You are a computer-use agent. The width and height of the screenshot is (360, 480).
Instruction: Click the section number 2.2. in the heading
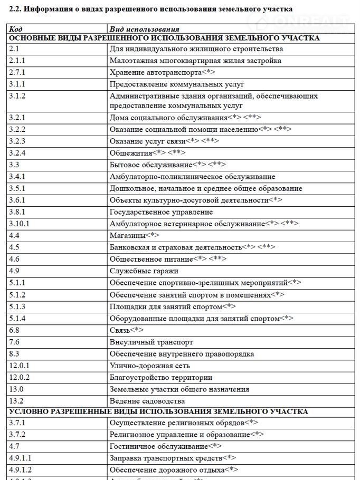point(16,9)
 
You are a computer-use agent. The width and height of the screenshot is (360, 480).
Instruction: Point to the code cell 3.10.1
point(19,224)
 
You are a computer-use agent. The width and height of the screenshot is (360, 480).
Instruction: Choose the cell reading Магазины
point(127,235)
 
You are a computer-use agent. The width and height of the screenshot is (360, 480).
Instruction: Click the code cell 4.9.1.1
point(20,457)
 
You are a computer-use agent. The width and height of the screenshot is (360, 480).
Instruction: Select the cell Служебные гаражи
point(144,271)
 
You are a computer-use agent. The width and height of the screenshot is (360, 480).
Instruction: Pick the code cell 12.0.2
point(20,377)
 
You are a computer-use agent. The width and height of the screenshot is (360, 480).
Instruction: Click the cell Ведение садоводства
point(147,401)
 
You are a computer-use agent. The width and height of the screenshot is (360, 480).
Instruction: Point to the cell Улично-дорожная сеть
point(149,366)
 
